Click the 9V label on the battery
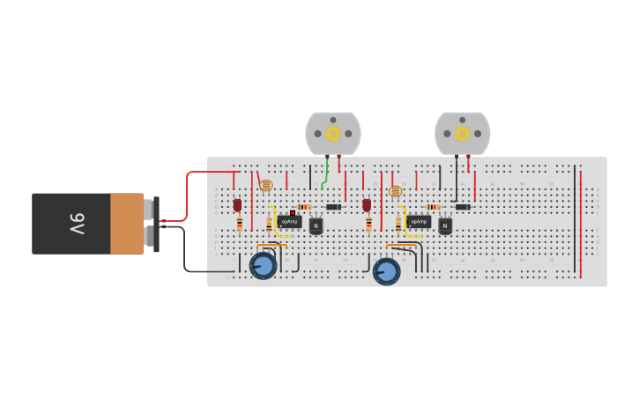point(78,224)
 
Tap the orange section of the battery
point(127,224)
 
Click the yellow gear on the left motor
point(333,133)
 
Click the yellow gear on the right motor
point(462,133)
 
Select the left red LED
point(237,204)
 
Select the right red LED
point(367,204)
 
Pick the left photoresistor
point(265,186)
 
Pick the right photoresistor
point(395,190)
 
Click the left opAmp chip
point(289,222)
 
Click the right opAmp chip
point(419,222)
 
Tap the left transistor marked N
point(316,226)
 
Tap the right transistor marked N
point(445,226)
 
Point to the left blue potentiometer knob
point(263,265)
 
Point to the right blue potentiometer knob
point(385,270)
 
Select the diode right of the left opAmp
point(333,207)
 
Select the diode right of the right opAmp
point(462,207)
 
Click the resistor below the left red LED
point(240,224)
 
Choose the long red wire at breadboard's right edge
point(581,220)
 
